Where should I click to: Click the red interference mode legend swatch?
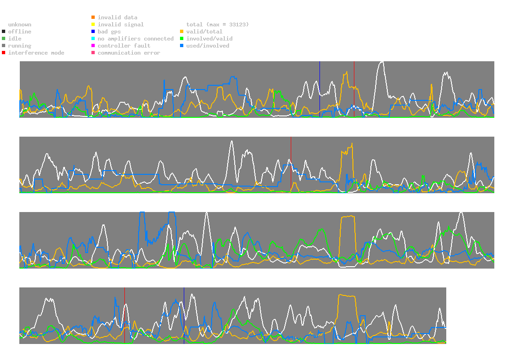click(x=4, y=53)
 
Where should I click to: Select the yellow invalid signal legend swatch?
click(x=93, y=25)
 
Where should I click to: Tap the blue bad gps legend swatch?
click(x=93, y=32)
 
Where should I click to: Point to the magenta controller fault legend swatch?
click(x=93, y=46)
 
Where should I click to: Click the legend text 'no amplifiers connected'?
click(x=136, y=39)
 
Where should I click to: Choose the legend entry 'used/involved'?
click(x=208, y=46)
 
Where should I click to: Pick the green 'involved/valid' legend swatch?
click(x=182, y=39)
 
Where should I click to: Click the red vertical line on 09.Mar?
click(x=124, y=316)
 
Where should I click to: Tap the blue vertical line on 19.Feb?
click(x=319, y=90)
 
